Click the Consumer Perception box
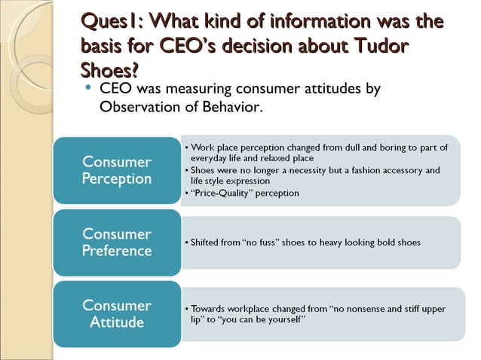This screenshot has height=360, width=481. (117, 170)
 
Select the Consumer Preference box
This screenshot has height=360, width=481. (117, 242)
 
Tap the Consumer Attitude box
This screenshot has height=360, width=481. (117, 313)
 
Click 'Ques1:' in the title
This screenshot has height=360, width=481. (109, 22)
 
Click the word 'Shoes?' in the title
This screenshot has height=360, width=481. (109, 70)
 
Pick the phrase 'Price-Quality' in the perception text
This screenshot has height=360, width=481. (224, 193)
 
